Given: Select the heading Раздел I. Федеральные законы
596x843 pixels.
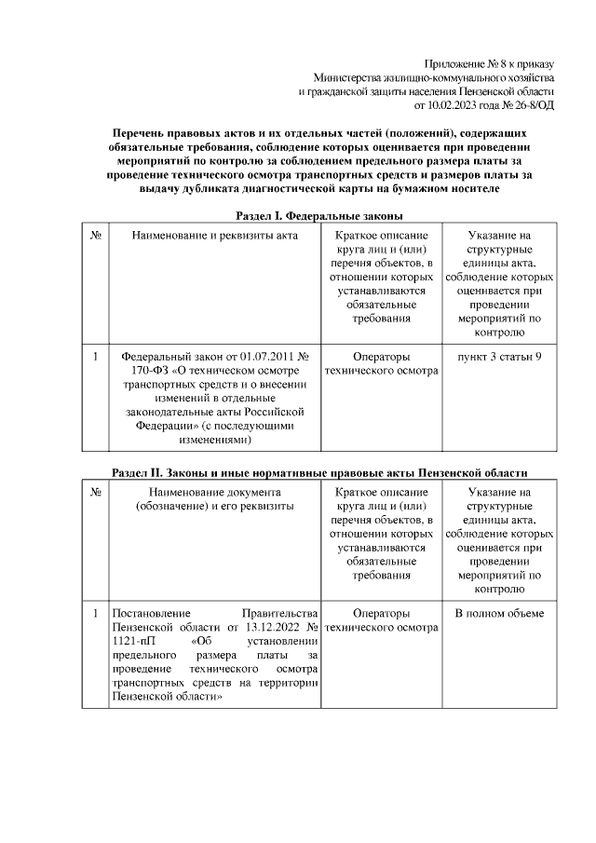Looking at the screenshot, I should click(x=317, y=215).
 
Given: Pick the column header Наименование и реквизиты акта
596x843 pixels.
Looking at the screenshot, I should click(x=214, y=236).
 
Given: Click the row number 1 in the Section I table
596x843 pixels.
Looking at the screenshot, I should click(x=95, y=356).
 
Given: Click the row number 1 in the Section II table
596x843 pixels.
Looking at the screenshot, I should click(x=95, y=613).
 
